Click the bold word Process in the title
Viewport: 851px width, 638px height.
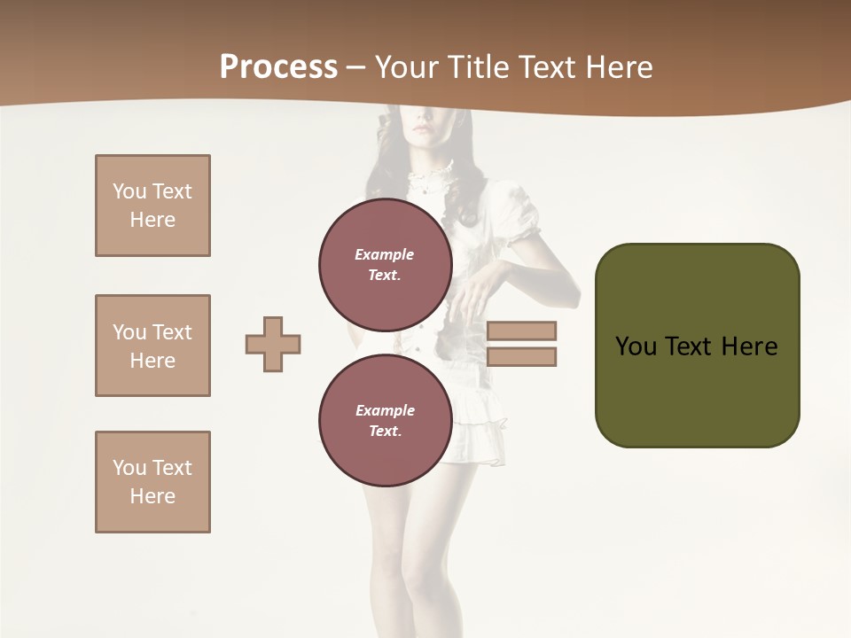(278, 66)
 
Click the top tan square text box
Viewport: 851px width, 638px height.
(152, 206)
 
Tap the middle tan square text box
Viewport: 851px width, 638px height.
(152, 346)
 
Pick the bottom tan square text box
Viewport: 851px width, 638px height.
(152, 482)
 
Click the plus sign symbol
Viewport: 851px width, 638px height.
(273, 344)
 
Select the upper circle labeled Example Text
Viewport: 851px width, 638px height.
(385, 264)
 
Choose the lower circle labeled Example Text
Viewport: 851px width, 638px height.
(385, 421)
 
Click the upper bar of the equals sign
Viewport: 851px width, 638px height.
(521, 331)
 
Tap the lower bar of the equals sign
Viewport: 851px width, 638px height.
(521, 357)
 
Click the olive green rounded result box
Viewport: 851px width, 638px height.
(697, 390)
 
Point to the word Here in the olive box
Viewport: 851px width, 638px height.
(749, 346)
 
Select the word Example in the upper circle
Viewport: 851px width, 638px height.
(385, 254)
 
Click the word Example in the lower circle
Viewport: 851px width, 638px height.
(385, 410)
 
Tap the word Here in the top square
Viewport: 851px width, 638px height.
(152, 220)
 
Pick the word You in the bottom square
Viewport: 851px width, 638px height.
(129, 468)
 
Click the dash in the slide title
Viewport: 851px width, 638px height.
(355, 67)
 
